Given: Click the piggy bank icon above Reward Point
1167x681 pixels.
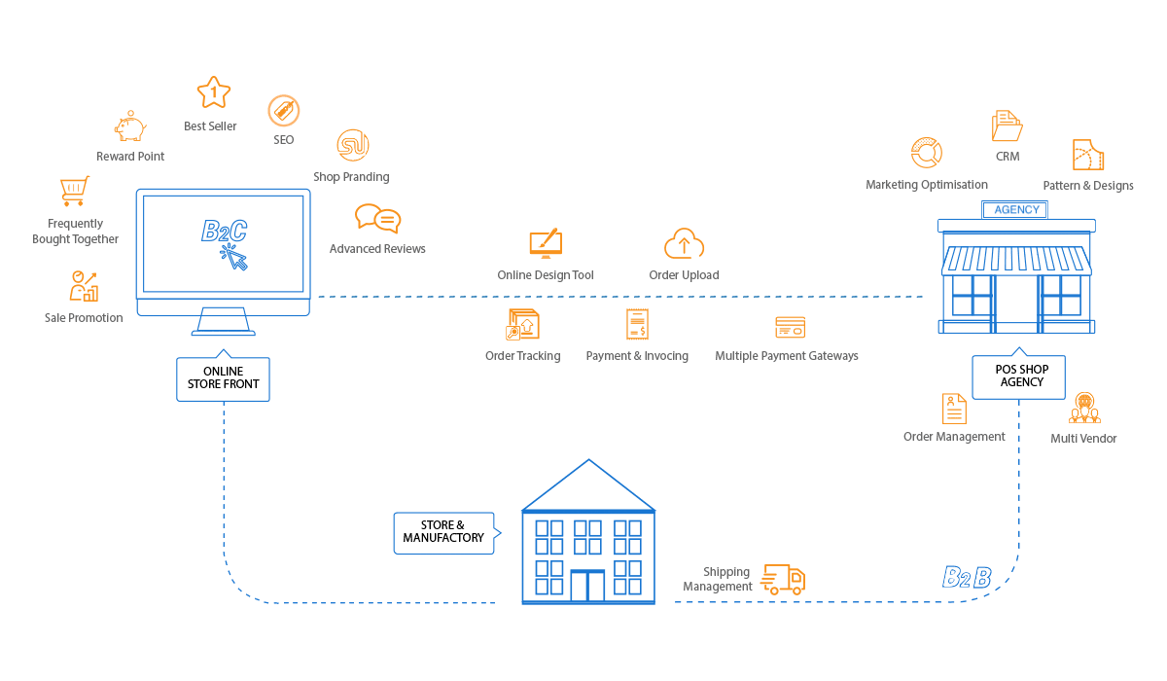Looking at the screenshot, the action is (130, 126).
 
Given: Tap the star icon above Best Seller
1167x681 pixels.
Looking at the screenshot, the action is (214, 92).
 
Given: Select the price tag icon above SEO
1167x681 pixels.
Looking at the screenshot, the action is (283, 111).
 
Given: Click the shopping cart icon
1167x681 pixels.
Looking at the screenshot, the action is (75, 191).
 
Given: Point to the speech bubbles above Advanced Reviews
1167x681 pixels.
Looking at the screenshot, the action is (377, 218).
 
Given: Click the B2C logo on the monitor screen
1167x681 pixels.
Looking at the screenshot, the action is (224, 231).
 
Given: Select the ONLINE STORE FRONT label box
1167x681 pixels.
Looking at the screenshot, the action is (223, 378).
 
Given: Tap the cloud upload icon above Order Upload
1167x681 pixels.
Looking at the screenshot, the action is (684, 244).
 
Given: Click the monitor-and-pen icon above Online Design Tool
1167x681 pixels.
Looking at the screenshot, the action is (546, 243).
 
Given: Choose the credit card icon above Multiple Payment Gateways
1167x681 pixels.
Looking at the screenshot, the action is (790, 327).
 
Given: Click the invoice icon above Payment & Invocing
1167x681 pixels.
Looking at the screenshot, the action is (637, 324).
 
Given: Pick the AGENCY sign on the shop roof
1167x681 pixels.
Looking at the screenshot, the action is (1015, 209).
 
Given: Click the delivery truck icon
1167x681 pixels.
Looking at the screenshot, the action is (783, 580).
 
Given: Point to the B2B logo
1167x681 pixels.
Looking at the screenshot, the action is (967, 577).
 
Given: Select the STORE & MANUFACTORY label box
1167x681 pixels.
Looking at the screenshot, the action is (443, 533).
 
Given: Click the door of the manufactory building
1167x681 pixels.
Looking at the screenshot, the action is (587, 586).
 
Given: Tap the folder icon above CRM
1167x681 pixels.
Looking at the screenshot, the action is (1007, 125).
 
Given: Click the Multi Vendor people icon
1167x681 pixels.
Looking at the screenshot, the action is (1084, 408).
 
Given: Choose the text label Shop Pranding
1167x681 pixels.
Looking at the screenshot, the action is (351, 177).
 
